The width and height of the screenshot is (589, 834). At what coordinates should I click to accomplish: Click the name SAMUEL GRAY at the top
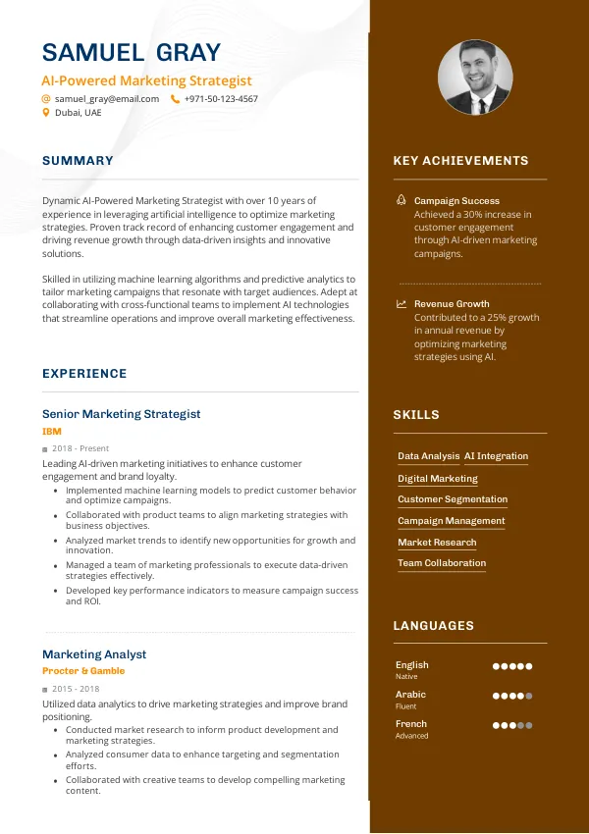tap(132, 52)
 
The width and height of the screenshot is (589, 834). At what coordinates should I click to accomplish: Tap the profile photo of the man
tap(475, 78)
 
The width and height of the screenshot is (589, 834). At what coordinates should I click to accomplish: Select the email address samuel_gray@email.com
tap(107, 99)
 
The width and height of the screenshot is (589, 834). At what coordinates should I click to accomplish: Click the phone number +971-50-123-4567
tap(221, 99)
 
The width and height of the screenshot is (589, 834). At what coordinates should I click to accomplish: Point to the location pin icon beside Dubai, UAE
tap(46, 113)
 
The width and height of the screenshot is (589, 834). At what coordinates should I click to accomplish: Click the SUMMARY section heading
tap(78, 161)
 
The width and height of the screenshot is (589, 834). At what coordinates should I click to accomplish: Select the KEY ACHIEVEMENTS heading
tap(460, 161)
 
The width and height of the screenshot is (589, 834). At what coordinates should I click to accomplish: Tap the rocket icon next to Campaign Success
tap(402, 200)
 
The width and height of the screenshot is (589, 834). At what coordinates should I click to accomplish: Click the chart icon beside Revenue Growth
tap(402, 304)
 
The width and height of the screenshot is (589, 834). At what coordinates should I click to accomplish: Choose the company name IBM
tap(51, 431)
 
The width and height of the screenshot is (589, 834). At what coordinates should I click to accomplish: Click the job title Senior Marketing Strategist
tap(121, 414)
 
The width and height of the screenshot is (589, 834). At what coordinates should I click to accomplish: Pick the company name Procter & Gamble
tap(83, 671)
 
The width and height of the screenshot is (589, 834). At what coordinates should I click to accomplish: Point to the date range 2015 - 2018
tap(76, 689)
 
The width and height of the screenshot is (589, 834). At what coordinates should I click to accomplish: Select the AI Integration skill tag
tap(496, 456)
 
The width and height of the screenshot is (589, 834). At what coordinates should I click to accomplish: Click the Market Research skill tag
tap(437, 543)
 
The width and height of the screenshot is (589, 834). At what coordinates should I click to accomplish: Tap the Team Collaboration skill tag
tap(442, 563)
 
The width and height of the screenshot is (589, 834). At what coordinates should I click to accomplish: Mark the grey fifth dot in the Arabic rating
tap(529, 696)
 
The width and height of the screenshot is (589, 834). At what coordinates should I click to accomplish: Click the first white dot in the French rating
tap(497, 725)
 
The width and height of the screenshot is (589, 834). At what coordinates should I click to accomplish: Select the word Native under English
tap(406, 677)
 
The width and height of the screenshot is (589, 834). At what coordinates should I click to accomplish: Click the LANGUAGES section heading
tap(433, 626)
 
